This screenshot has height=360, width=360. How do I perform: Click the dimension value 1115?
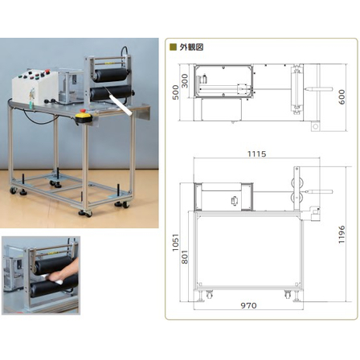pos(256,154)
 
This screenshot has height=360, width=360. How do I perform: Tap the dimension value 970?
pos(248,305)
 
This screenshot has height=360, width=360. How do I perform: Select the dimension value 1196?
pos(342,235)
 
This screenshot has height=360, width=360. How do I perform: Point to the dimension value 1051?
pos(175,243)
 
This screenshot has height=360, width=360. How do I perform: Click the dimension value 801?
pos(185,257)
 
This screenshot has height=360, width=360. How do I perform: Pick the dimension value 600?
pos(342,97)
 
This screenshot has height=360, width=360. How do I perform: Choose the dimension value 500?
pos(175,92)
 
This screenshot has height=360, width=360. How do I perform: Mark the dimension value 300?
pos(185,81)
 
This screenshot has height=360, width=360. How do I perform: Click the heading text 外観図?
pos(191,47)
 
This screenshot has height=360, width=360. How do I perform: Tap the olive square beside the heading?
pos(174,47)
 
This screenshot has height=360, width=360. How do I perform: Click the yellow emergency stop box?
pos(84,117)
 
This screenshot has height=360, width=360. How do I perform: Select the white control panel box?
pos(35,87)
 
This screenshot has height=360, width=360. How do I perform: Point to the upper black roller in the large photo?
pos(110,75)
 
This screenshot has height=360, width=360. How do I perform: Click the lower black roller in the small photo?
pos(54,286)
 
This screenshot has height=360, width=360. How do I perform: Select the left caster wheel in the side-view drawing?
pos(209,295)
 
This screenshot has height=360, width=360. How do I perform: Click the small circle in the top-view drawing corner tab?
pos(316,126)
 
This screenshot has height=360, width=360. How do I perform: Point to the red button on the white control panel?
pos(47,72)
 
